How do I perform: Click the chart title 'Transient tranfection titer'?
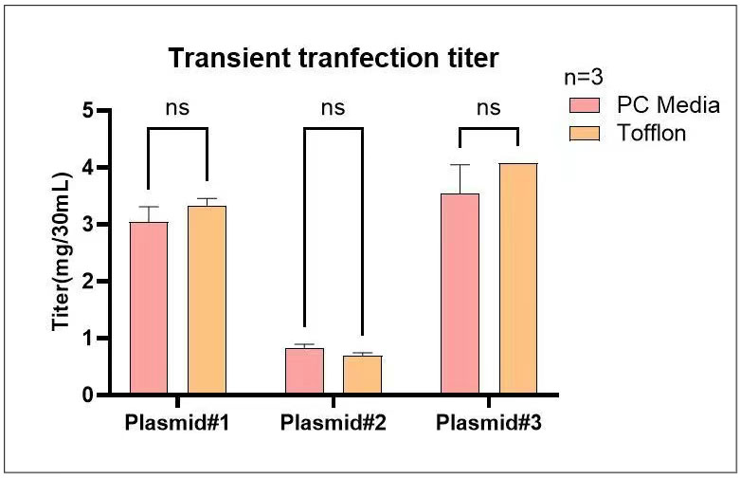point(333,59)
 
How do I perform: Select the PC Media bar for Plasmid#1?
point(148,308)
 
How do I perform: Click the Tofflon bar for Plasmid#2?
point(362,375)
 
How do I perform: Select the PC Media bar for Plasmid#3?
point(460,294)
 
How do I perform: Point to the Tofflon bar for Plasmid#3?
point(518,279)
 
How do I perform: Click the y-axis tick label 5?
point(88,111)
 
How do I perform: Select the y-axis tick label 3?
point(88,225)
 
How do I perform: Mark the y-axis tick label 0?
point(88,395)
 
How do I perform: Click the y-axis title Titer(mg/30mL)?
point(62,252)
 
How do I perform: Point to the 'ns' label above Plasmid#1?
point(177,107)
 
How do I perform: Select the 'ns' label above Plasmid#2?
point(333,107)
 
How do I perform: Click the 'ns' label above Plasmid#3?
point(488,107)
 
